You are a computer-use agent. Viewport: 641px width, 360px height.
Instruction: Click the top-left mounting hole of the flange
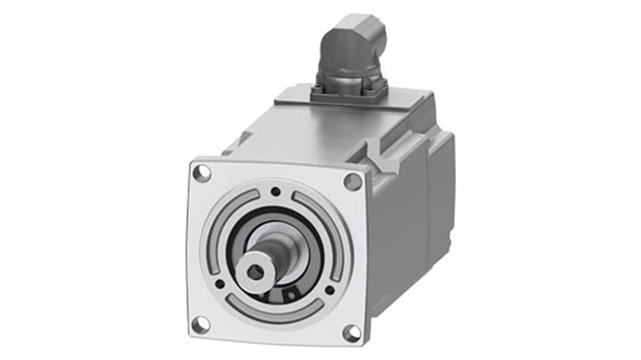pos(202,173)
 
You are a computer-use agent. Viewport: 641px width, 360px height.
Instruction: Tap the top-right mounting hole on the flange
pos(353,182)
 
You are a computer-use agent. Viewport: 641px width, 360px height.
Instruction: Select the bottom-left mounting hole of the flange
pos(200,324)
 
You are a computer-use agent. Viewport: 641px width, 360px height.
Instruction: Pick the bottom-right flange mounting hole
pos(352,333)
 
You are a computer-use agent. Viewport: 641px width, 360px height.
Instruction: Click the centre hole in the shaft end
pos(256,272)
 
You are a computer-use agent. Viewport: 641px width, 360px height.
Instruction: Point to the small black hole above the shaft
pos(275,191)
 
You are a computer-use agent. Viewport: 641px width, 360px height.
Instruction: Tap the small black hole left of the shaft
pos(220,284)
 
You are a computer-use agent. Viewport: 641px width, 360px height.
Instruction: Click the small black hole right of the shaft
pos(330,290)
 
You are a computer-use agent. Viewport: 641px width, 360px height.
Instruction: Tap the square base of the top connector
pos(350,90)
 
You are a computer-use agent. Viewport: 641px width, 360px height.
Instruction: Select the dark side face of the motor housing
pos(397,244)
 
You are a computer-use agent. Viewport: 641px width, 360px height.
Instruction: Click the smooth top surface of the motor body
pos(307,131)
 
